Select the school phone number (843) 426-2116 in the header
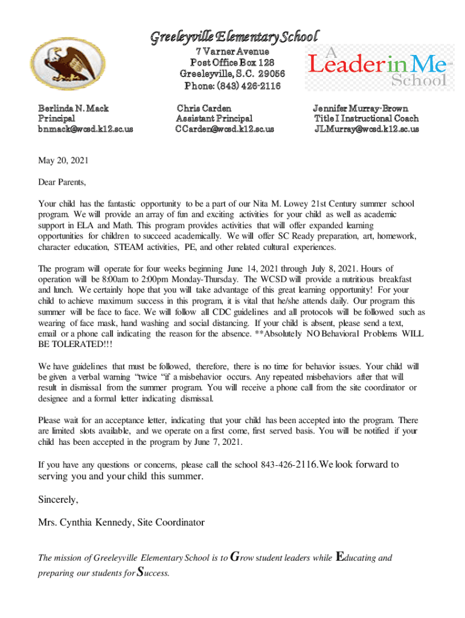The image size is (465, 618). pyautogui.click(x=232, y=85)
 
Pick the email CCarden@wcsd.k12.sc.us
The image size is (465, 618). pyautogui.click(x=225, y=129)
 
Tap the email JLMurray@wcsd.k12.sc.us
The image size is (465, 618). pyautogui.click(x=366, y=129)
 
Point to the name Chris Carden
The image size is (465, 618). pyautogui.click(x=204, y=109)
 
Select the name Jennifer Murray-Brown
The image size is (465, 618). pyautogui.click(x=361, y=109)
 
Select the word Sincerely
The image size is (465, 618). pyautogui.click(x=59, y=500)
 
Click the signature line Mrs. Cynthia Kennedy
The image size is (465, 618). pyautogui.click(x=121, y=522)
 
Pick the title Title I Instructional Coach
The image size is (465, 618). pyautogui.click(x=366, y=119)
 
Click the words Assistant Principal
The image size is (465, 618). pyautogui.click(x=214, y=119)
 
